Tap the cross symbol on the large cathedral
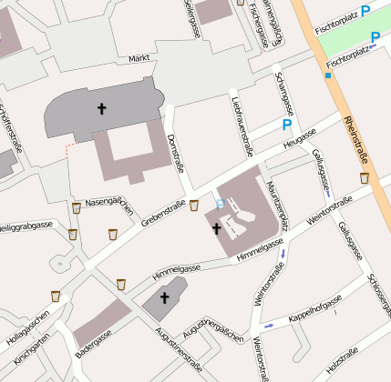coord(101,109)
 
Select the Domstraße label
coord(178,152)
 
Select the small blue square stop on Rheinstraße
coord(327,75)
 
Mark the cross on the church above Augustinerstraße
coord(165,297)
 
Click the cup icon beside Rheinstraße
coord(365,178)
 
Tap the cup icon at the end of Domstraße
coord(193,205)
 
